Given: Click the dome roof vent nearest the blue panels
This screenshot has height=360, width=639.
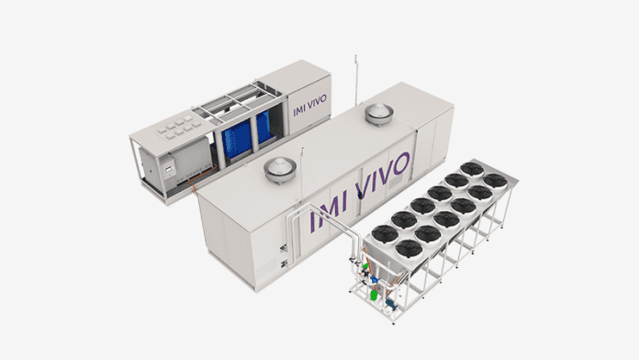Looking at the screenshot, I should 277,167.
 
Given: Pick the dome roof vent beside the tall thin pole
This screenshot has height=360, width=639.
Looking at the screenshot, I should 375,113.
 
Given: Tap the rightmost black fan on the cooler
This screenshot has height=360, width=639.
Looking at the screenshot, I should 495,180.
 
